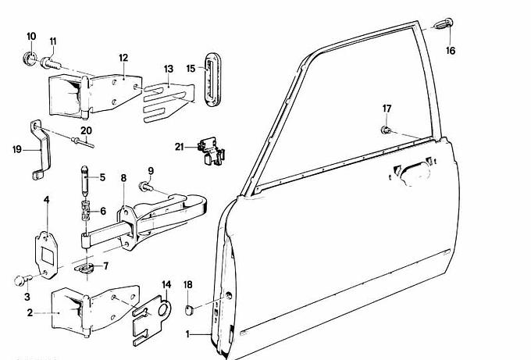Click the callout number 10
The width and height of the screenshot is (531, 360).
(31, 37)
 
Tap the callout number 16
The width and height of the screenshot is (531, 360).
(450, 52)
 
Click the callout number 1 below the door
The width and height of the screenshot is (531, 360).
(187, 333)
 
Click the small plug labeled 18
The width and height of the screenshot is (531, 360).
(188, 311)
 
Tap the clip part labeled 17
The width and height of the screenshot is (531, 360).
(387, 130)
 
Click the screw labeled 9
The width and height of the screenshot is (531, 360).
(145, 186)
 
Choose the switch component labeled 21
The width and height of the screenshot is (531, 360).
(207, 149)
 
